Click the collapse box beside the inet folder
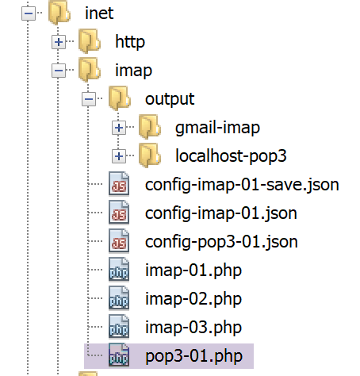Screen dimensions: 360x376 [x=29, y=13]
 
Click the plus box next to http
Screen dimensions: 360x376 [x=59, y=42]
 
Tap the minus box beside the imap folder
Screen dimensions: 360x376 [x=59, y=71]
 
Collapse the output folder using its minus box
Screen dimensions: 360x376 [x=89, y=99]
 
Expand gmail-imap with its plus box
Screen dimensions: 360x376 [x=119, y=128]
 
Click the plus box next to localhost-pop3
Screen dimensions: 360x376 [x=119, y=156]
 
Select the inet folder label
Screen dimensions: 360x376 [x=99, y=13]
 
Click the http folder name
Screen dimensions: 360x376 [x=130, y=42]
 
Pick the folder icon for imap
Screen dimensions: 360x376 [x=90, y=70]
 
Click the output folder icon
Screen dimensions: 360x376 [x=120, y=98]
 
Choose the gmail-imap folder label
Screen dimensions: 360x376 [x=217, y=128]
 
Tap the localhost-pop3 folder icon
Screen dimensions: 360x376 [x=150, y=155]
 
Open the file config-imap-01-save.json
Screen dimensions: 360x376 [x=242, y=185]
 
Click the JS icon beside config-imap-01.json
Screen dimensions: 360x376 [x=119, y=213]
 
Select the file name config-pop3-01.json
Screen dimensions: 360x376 [x=221, y=242]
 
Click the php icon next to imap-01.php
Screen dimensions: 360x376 [x=119, y=270]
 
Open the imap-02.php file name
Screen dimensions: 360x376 [x=193, y=299]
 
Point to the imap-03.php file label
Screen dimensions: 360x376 [x=193, y=328]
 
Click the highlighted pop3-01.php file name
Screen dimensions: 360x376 [x=194, y=356]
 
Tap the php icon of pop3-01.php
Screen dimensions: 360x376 [x=119, y=355]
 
